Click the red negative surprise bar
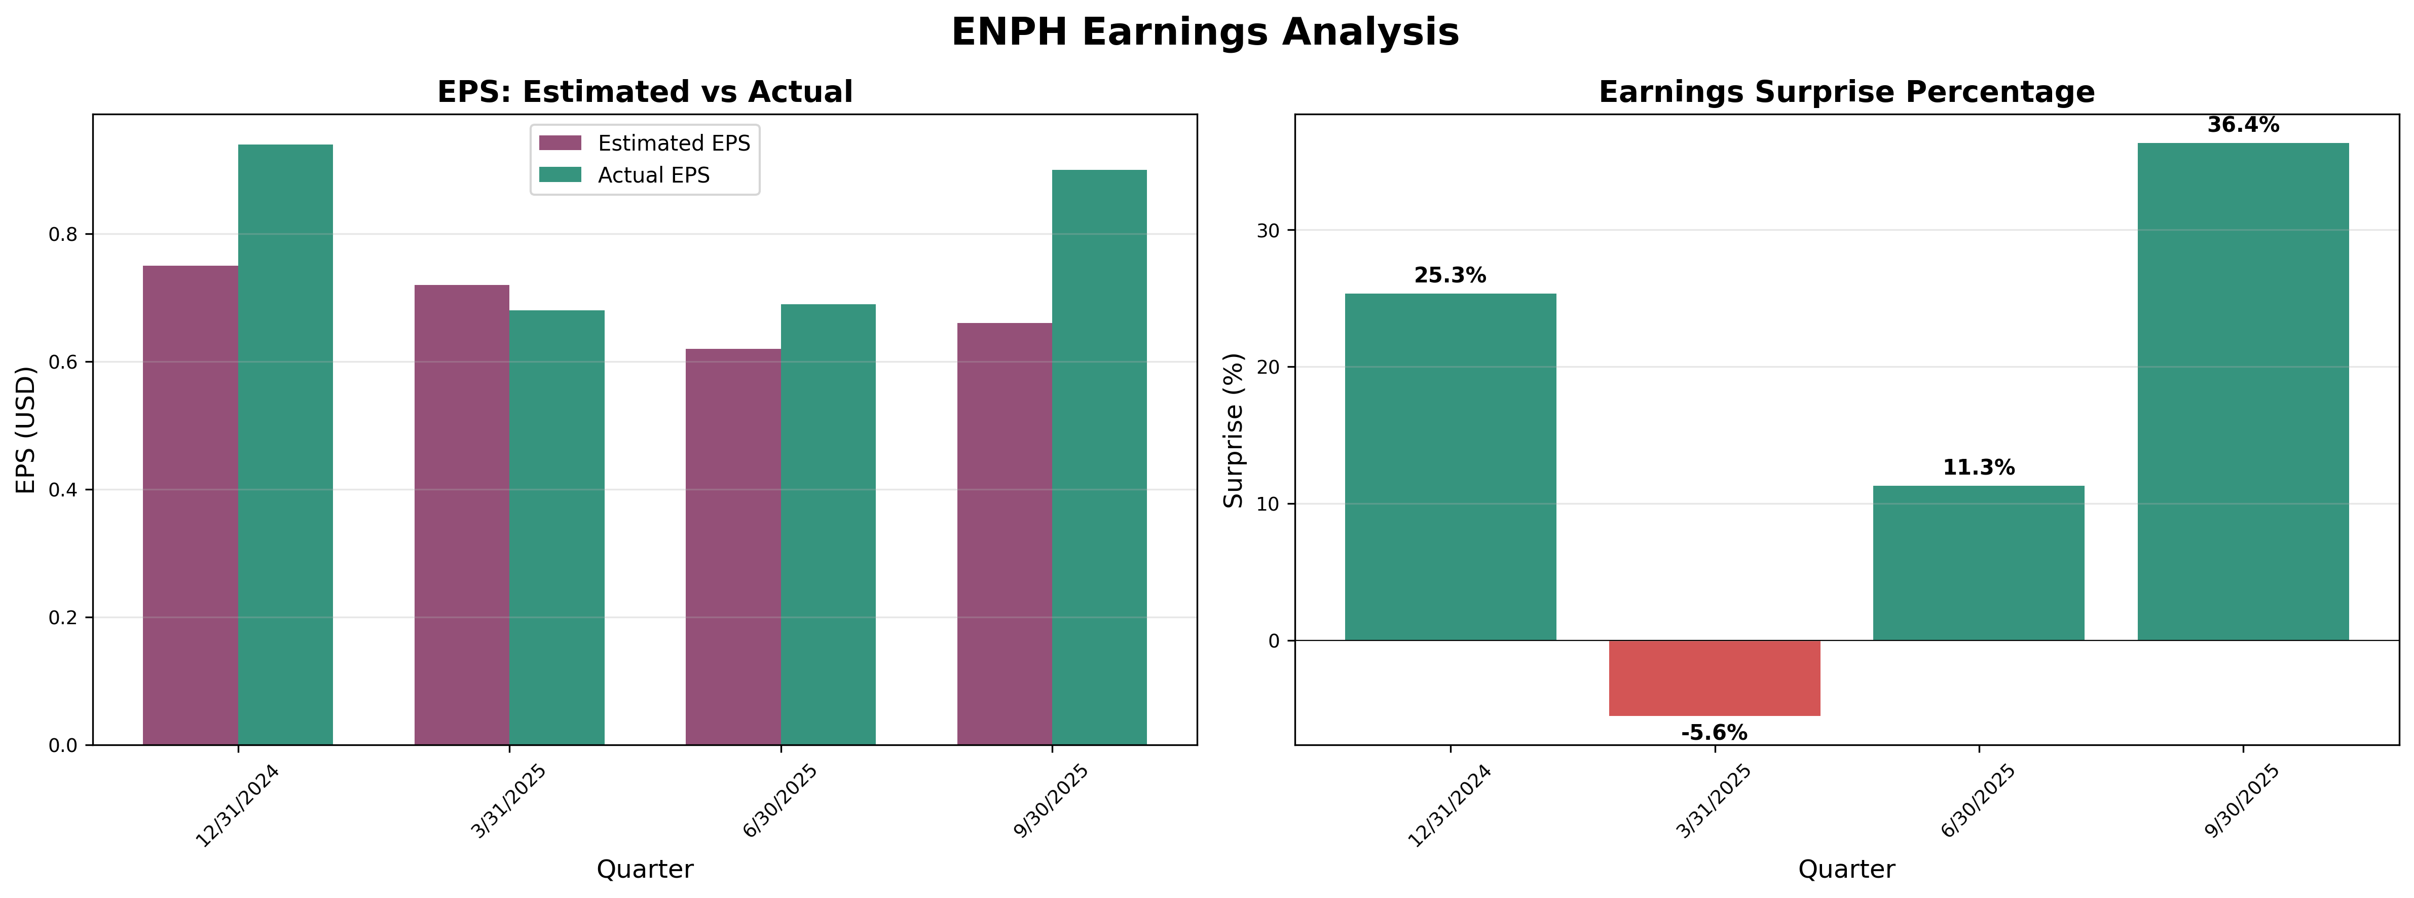[x=1714, y=678]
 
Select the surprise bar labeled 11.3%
[x=1978, y=562]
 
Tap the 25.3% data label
[x=1450, y=276]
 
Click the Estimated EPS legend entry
[x=673, y=143]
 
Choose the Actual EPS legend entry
[x=653, y=175]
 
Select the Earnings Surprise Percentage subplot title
[x=1846, y=92]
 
